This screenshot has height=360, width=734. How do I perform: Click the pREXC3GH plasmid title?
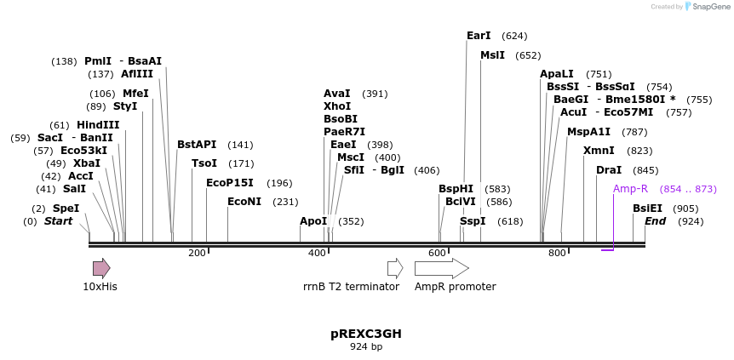click(x=366, y=334)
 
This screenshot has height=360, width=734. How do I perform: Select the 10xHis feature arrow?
click(x=101, y=268)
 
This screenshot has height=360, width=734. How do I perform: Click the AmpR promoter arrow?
click(x=441, y=268)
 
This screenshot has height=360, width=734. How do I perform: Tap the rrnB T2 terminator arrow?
click(x=395, y=268)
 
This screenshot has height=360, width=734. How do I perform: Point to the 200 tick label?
click(x=197, y=253)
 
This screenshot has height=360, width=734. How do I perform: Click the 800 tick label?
click(x=557, y=253)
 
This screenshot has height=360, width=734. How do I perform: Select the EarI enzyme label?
click(x=479, y=36)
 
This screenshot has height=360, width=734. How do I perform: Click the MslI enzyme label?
click(x=492, y=55)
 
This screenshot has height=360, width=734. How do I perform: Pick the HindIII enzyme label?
click(x=98, y=125)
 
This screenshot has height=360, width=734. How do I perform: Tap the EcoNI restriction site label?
click(x=244, y=202)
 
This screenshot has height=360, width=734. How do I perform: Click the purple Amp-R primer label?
click(x=630, y=189)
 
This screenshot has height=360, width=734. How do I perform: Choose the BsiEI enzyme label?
click(x=647, y=209)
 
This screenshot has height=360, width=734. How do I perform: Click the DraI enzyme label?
click(x=609, y=170)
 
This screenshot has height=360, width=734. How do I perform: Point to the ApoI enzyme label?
click(x=313, y=221)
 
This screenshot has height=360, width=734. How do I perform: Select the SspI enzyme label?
click(x=473, y=221)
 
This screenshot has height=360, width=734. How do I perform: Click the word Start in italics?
click(x=59, y=221)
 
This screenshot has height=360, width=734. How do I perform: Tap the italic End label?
click(x=655, y=221)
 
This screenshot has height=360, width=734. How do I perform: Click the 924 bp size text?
click(x=366, y=346)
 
